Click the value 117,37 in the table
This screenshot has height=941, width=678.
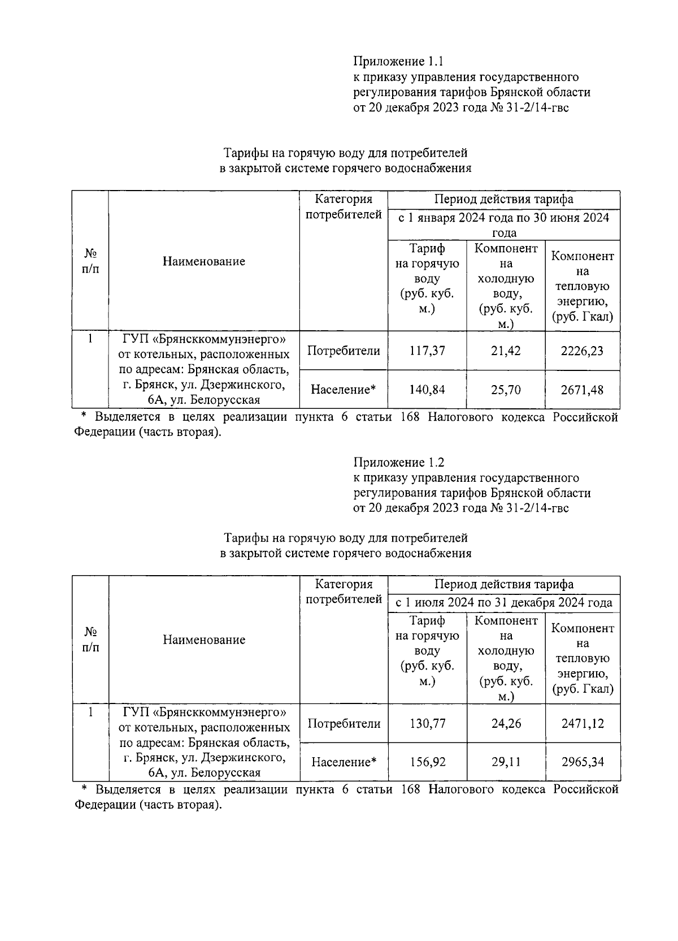click(x=427, y=351)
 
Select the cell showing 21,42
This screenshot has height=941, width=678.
click(x=506, y=351)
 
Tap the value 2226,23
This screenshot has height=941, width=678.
click(x=582, y=351)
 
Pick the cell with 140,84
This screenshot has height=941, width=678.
click(x=427, y=390)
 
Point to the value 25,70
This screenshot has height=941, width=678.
click(x=506, y=390)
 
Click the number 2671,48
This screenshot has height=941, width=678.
click(x=582, y=390)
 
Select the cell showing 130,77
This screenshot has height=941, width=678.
click(x=427, y=723)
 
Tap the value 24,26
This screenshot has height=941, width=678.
click(x=506, y=723)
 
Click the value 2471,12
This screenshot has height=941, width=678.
click(x=582, y=723)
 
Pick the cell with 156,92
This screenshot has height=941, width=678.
click(x=427, y=762)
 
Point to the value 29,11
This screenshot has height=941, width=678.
click(x=506, y=762)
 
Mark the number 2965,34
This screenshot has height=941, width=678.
click(x=582, y=762)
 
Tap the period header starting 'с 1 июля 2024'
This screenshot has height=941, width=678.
click(x=503, y=603)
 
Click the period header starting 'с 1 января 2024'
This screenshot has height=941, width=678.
click(x=503, y=225)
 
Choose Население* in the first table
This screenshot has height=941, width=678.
click(x=344, y=390)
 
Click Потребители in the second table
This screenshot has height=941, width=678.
click(x=344, y=723)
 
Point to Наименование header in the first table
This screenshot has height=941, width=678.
click(x=204, y=261)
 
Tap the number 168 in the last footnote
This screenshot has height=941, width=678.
click(x=410, y=789)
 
